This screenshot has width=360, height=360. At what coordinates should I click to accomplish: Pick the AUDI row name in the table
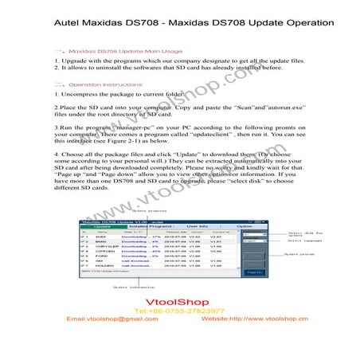(101, 237)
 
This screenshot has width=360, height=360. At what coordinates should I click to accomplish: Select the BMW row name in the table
(100, 243)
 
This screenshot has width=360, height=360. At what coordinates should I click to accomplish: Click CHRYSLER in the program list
(105, 248)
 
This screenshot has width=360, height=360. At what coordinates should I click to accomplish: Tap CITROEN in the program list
(104, 254)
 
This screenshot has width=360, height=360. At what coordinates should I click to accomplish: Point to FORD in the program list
(101, 260)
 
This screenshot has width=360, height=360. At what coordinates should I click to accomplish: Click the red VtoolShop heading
(179, 303)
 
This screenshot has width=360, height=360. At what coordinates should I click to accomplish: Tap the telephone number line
(179, 311)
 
